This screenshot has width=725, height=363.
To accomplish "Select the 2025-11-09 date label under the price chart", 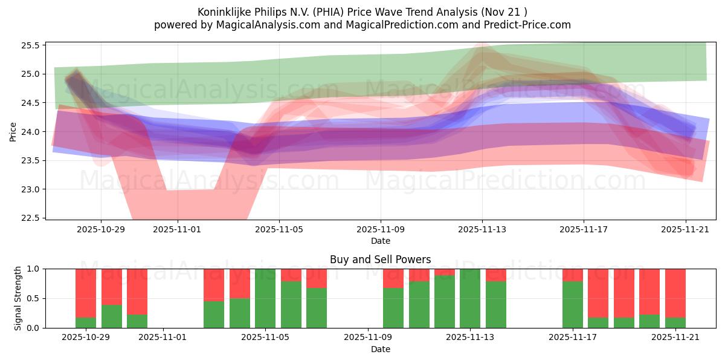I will pos(381,230).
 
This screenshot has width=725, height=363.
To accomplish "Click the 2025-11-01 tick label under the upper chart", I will pos(178,230).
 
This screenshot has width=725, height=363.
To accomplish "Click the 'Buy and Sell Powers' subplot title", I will pos(380,260).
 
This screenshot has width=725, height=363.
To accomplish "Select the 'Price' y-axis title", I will pos(13,131).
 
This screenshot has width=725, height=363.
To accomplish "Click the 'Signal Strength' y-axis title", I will pos(18,298).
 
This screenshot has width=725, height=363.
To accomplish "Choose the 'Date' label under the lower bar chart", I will pos(380,349).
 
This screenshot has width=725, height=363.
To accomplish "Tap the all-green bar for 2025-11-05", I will pos(265,298).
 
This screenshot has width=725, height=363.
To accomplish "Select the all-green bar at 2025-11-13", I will pos(470,298).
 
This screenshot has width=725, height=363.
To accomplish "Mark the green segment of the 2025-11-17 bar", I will pos(573,305).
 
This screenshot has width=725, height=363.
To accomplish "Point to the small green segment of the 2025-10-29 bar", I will pos(86,323).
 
